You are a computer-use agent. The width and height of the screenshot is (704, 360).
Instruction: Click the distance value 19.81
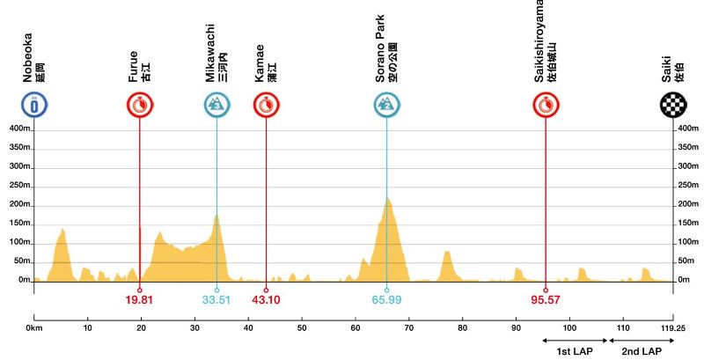coord(140,300)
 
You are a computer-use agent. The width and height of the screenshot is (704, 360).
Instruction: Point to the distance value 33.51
coord(216,300)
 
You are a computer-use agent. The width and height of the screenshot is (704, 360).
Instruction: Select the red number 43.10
coord(266,300)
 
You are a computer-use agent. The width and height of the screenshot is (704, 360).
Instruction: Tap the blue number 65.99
coord(386,300)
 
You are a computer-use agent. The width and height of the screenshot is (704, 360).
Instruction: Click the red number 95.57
coord(546,300)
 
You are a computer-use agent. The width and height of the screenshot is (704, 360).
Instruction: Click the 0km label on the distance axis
coord(34,329)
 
